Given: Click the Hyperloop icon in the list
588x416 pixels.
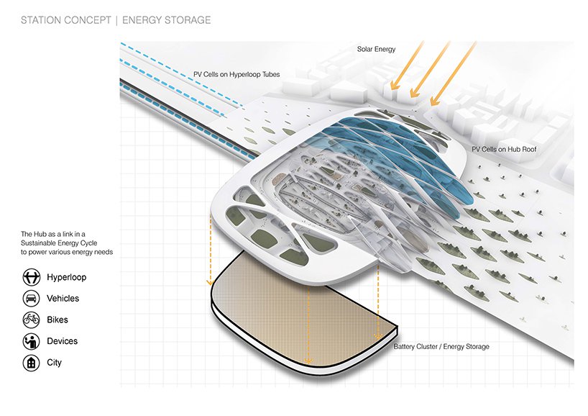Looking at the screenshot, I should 32,277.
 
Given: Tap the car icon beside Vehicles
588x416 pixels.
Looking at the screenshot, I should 32,299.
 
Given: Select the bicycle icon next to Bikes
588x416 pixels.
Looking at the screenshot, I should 32,320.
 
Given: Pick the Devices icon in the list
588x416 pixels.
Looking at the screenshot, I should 32,342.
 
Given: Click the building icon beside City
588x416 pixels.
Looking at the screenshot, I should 32,363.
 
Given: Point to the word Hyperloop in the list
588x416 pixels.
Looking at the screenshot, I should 67,277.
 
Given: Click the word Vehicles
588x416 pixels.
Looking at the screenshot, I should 63,299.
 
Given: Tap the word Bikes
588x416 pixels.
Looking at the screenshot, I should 58,320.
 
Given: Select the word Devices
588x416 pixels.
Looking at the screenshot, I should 62,342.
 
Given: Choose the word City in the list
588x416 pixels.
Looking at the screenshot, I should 54,363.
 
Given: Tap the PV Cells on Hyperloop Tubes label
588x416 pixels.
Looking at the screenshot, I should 236,74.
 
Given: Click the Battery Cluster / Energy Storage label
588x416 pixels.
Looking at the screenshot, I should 441,347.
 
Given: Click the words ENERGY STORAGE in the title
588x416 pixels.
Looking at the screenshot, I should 167,20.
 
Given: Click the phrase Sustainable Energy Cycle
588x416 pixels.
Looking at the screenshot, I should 64,243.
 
